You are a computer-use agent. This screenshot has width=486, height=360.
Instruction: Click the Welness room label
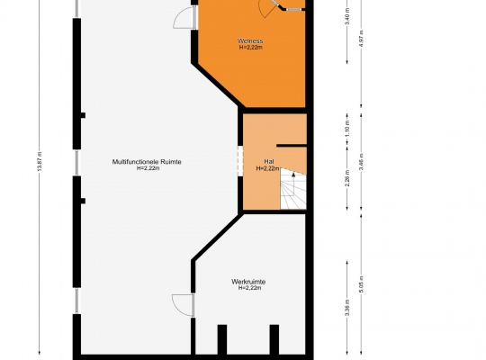[x=250, y=40]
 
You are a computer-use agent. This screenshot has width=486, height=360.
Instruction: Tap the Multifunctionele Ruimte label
[x=147, y=162]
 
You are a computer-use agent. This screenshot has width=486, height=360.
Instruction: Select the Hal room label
[x=269, y=162]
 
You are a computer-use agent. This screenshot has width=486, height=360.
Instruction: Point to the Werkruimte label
[x=248, y=282]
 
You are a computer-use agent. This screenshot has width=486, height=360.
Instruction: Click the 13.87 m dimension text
[x=40, y=162]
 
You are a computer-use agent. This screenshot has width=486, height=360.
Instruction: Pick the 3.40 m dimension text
[x=347, y=20]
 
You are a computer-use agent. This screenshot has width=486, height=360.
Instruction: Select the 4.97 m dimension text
[x=361, y=37]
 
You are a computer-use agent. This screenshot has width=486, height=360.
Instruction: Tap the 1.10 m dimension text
[x=347, y=130]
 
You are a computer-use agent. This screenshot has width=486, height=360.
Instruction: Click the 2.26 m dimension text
[x=347, y=178]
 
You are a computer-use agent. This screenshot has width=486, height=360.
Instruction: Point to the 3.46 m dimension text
[x=361, y=162]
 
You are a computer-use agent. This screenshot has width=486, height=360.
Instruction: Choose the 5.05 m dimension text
[x=361, y=283]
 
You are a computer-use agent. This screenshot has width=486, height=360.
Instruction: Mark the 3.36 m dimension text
[x=347, y=308]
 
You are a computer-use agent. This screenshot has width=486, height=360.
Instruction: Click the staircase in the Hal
[x=293, y=189]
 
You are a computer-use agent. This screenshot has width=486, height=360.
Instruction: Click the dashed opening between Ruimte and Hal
[x=240, y=161]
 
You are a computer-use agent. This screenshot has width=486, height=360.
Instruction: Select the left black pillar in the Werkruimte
[x=222, y=339]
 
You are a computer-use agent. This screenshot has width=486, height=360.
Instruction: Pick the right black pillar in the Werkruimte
[x=274, y=339]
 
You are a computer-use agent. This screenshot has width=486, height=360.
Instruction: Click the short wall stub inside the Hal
[x=292, y=145]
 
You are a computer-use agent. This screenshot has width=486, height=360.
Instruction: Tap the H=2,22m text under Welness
[x=251, y=48]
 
